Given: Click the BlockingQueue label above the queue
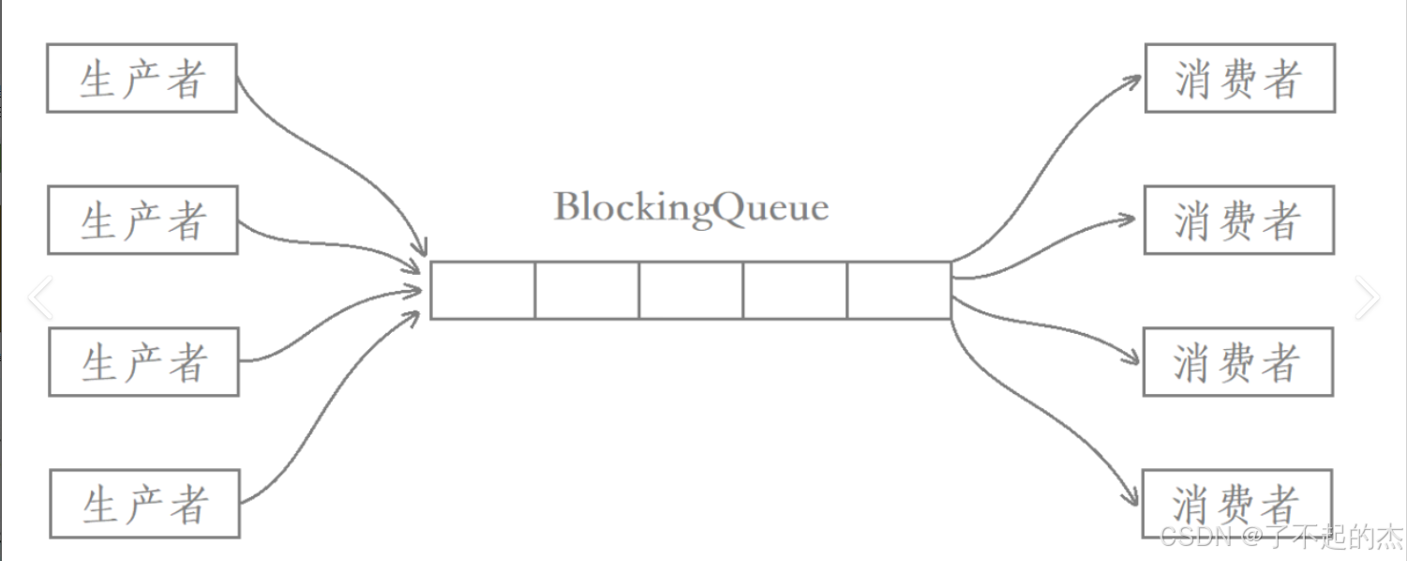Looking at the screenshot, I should click(691, 207).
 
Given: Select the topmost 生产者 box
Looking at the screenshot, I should click(142, 78).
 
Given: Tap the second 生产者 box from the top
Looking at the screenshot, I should click(142, 220).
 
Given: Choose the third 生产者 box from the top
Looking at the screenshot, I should click(143, 361).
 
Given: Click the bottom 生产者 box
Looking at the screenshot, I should click(144, 504).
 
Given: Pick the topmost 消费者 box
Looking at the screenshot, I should click(1239, 78).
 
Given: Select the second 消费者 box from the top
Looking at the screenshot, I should click(1238, 220).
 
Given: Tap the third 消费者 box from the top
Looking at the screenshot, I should click(1237, 361).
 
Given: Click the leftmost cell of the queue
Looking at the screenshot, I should click(483, 291).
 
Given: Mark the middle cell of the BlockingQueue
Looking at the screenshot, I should click(691, 291).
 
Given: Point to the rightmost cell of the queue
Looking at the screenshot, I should click(899, 291).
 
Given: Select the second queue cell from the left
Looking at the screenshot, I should click(587, 291).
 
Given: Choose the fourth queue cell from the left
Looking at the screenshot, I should click(795, 291).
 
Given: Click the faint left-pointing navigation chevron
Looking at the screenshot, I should click(40, 298).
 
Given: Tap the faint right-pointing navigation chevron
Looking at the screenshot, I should click(1367, 298).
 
